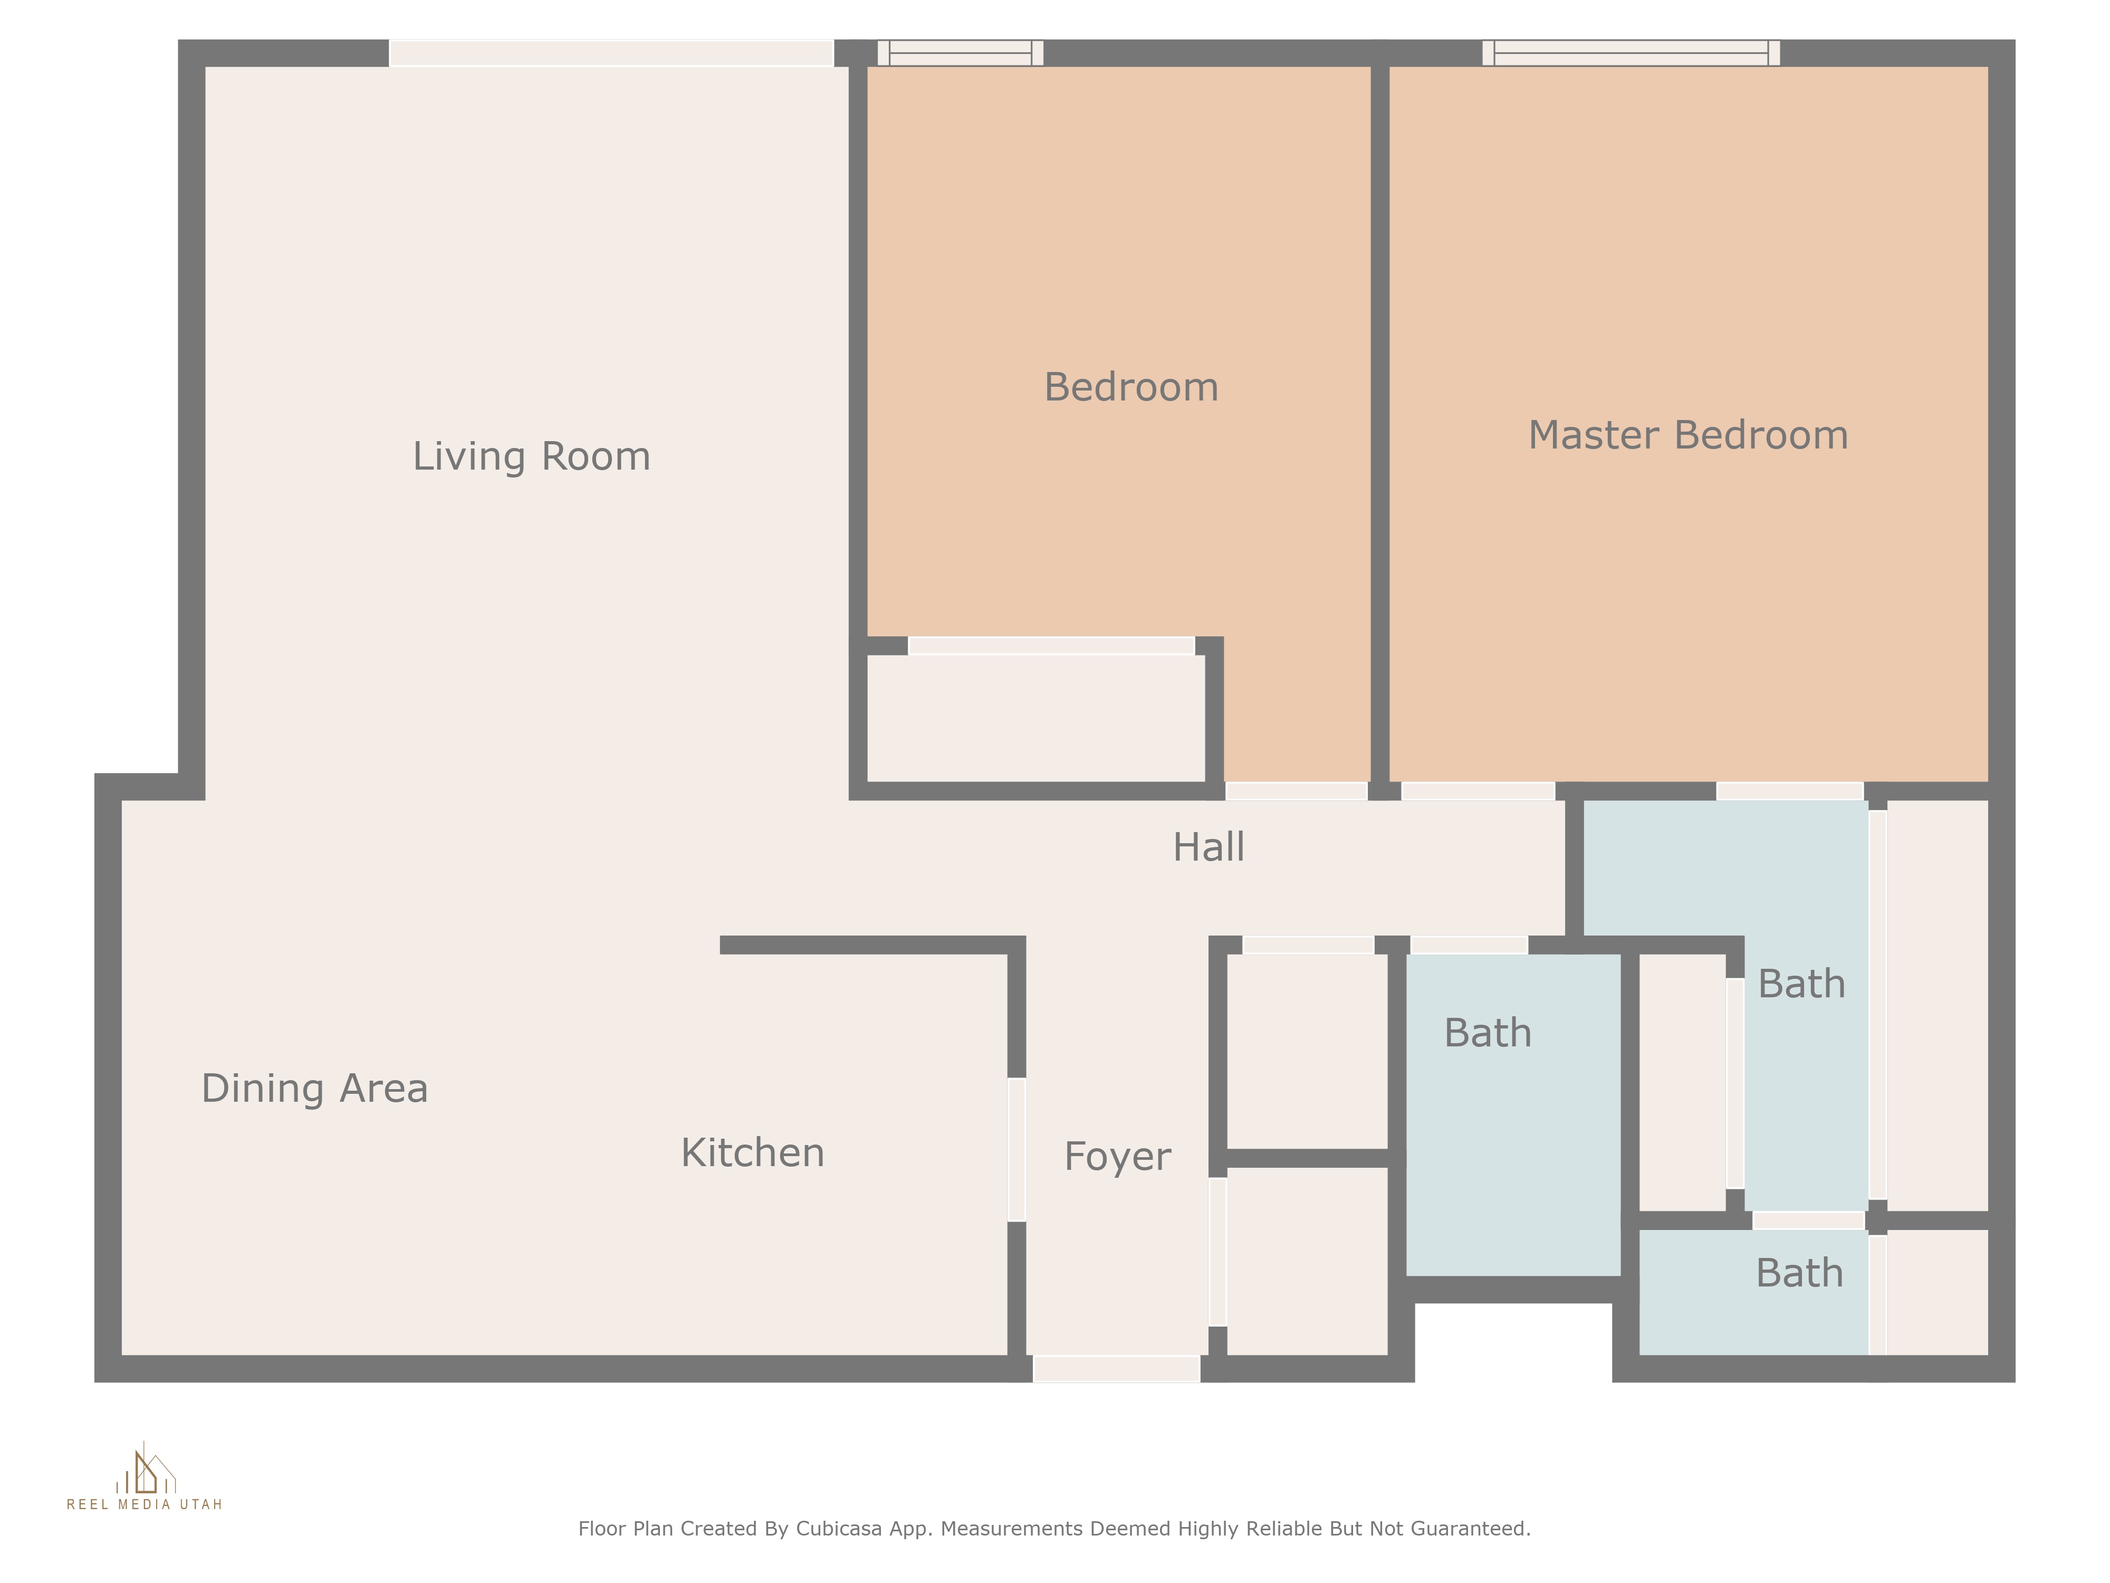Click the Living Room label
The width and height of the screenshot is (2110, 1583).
531,456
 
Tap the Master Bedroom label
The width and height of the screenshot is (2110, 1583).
1689,435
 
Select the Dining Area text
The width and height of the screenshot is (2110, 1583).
315,1089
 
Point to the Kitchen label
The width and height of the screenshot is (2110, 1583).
753,1152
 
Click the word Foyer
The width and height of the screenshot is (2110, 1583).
1117,1157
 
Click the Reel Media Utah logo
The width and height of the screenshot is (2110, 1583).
145,1476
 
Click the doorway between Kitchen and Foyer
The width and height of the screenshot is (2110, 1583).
1017,1150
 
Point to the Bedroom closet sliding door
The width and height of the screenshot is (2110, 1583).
1051,646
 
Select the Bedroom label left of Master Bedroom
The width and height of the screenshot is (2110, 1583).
1131,387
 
